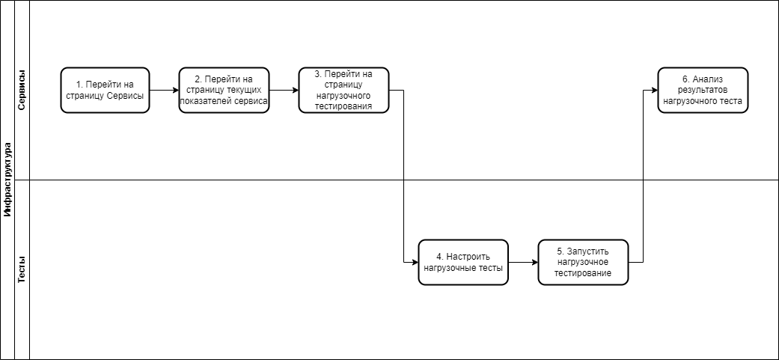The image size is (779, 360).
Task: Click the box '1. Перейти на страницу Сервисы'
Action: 105,91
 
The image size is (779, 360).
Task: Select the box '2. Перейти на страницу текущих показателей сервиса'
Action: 224,91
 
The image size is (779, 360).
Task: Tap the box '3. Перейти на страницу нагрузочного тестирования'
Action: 343,91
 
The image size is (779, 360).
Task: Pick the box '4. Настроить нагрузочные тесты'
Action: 463,262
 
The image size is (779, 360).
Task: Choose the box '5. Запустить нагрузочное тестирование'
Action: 583,262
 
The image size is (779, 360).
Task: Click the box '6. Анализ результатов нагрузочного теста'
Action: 703,91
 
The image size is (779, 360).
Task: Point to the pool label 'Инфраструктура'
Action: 7,180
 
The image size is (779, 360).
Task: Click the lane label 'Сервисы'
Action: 22,91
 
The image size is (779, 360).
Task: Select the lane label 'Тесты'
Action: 22,269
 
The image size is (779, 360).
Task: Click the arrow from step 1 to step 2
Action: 164,91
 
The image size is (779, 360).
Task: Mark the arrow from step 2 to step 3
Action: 284,91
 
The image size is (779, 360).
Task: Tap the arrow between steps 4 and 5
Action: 523,262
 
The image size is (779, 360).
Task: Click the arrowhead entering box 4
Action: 415,262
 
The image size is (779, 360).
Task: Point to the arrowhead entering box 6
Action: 655,91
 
